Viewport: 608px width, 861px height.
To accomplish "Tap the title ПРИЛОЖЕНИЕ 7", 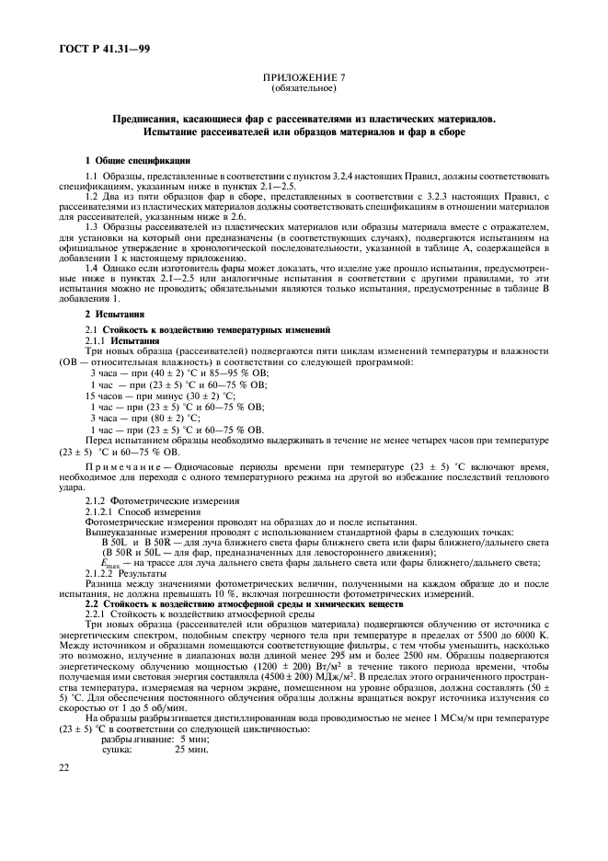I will click(x=304, y=80).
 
